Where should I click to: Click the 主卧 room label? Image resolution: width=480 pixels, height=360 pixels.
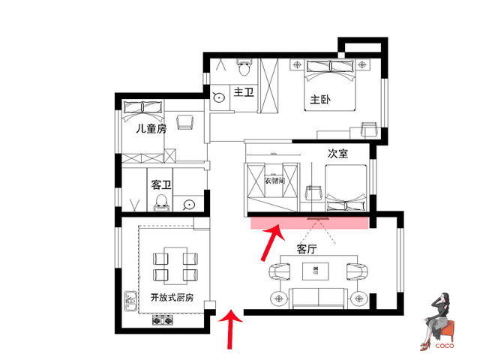tap(320, 100)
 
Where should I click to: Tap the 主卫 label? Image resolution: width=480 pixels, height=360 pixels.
tap(244, 91)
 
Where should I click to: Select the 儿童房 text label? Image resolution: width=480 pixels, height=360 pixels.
tap(151, 128)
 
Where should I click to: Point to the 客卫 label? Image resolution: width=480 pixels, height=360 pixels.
tap(161, 184)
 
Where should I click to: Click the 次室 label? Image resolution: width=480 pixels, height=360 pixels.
tap(337, 153)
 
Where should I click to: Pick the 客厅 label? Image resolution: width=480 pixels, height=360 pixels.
tap(307, 249)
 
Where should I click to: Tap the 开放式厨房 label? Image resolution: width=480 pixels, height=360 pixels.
tap(172, 297)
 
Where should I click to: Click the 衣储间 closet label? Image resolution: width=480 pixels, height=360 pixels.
tap(274, 181)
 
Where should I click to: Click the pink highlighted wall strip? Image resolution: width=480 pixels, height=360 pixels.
tap(310, 223)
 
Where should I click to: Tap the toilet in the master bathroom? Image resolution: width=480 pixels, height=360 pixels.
tap(244, 67)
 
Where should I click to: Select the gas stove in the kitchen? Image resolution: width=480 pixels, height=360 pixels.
tap(163, 320)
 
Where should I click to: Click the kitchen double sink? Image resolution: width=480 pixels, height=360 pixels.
tap(130, 301)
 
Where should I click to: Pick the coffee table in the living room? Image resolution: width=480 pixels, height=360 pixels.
tap(315, 271)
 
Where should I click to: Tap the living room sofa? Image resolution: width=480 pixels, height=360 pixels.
tap(319, 298)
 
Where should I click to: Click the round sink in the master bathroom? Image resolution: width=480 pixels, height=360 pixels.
tap(219, 97)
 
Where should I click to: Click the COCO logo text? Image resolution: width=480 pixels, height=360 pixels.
tap(445, 346)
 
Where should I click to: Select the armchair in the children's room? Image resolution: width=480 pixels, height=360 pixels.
tap(185, 121)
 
